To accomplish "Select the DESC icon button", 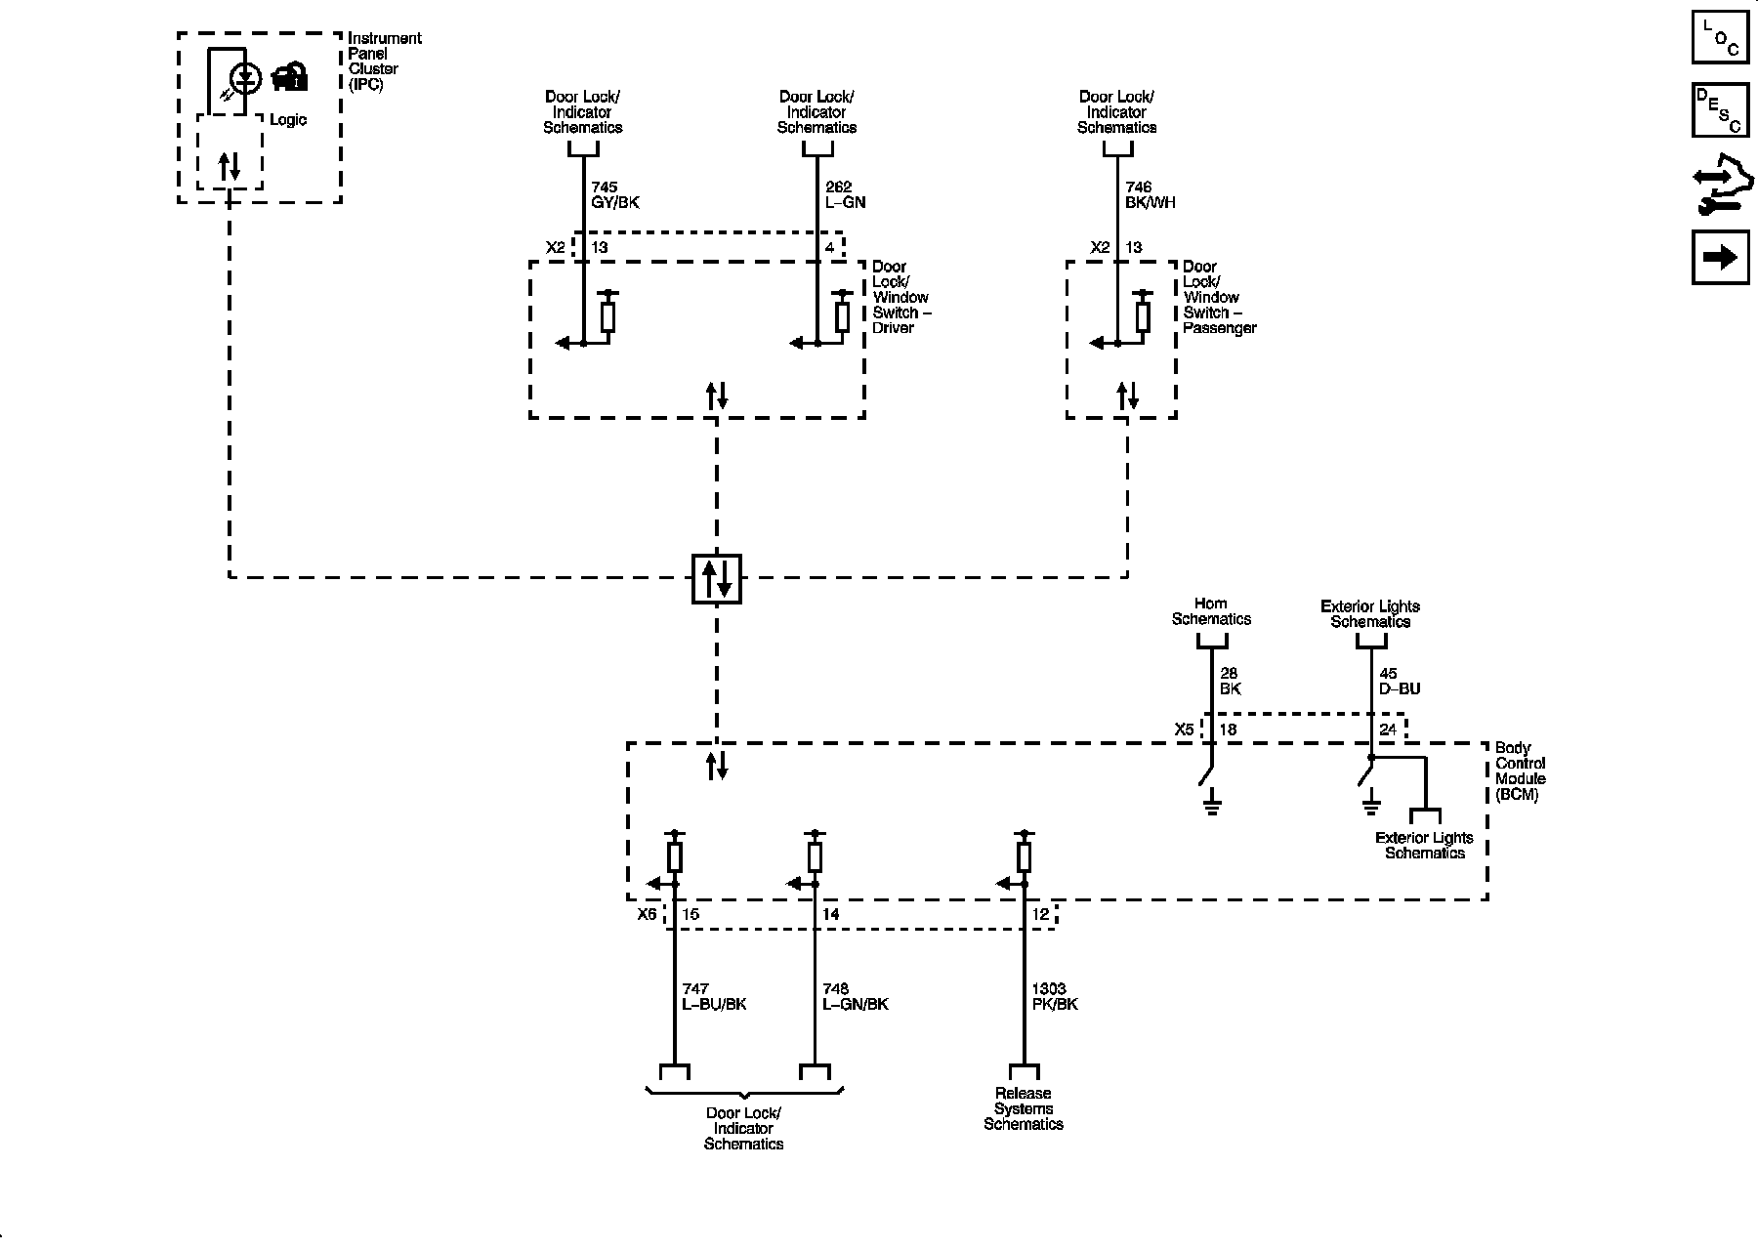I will pos(1720,110).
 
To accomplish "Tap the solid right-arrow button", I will pos(1720,257).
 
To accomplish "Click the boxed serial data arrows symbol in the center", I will pos(716,578).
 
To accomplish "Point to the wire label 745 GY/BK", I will pos(615,195).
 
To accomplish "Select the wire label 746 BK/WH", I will pos(1150,195).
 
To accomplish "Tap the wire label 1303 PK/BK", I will pos(1055,996).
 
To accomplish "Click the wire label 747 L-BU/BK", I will pos(713,996).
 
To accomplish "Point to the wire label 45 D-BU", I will pos(1400,682).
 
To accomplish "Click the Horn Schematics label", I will pos(1211,611).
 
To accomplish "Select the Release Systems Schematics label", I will pos(1024,1109).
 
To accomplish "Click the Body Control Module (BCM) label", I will pos(1521,771).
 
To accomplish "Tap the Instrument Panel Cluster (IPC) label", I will pos(384,62).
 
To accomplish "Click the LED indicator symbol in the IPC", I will pos(244,78).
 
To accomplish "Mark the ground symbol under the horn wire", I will pos(1212,806).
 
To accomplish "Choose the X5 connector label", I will pos(1184,729).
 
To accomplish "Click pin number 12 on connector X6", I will pos(1040,915).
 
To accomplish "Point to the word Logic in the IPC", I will pos(288,120).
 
